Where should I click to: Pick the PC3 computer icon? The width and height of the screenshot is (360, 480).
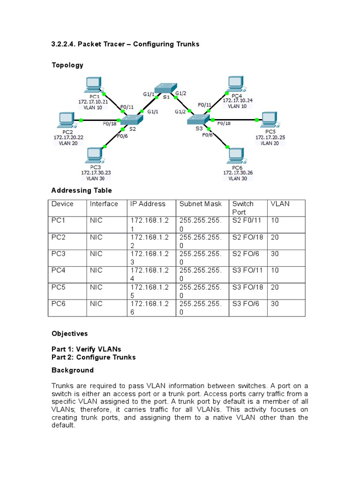coord(96,155)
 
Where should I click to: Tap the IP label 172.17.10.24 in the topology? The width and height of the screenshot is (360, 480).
coord(237,100)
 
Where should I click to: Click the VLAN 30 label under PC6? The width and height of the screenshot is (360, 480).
coord(237,178)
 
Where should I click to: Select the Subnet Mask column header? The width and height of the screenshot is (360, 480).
coord(201,204)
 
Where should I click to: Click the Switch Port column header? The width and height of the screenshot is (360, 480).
coord(243,208)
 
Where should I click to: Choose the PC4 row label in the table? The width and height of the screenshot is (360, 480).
coord(60,271)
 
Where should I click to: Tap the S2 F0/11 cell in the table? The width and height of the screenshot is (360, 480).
coord(247,220)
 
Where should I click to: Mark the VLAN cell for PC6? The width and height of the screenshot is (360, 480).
coord(275,304)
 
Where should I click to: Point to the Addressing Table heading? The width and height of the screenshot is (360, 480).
coord(82,190)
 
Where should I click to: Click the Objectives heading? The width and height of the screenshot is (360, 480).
coord(69,334)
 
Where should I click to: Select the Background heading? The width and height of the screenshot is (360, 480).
coord(72,370)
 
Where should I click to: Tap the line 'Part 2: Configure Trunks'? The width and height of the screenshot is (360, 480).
coord(93,357)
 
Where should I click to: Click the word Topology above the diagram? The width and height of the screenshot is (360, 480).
coord(67,65)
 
